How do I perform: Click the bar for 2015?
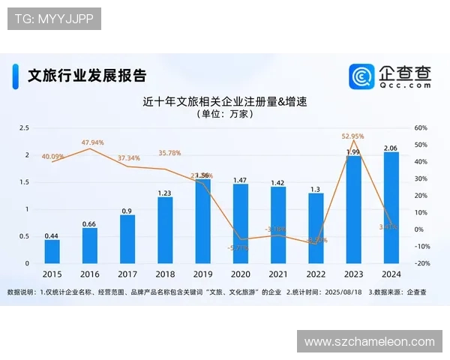click(52, 251)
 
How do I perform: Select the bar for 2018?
click(165, 230)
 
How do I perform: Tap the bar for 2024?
click(391, 208)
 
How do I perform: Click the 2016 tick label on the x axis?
click(90, 274)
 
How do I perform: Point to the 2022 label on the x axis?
click(316, 274)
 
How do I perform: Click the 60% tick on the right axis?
click(420, 128)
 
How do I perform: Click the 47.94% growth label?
click(93, 142)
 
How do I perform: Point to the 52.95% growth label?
click(352, 136)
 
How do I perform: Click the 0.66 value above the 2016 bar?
click(89, 223)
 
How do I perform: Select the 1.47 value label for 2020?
click(240, 180)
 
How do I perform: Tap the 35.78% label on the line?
click(169, 153)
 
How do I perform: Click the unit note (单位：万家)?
click(225, 115)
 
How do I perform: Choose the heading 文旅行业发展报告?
click(86, 75)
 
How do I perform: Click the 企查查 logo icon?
click(361, 76)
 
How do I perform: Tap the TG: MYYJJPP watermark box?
click(54, 19)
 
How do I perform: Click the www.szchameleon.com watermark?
click(370, 341)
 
